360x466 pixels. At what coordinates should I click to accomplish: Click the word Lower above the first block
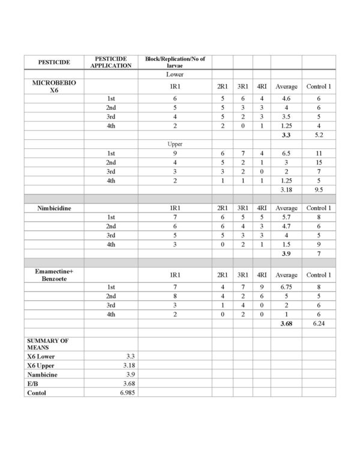pyautogui.click(x=175, y=75)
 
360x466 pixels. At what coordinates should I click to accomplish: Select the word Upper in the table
pyautogui.click(x=175, y=145)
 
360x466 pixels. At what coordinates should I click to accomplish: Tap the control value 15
pyautogui.click(x=318, y=163)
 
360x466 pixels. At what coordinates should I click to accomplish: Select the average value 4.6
pyautogui.click(x=286, y=97)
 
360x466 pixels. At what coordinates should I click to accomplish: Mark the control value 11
pyautogui.click(x=318, y=154)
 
